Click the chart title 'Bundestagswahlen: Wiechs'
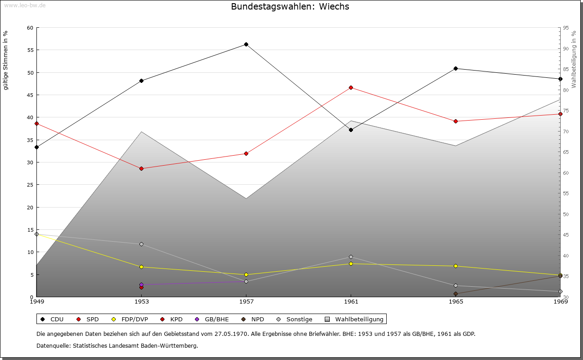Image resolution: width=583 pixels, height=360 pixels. (x=290, y=7)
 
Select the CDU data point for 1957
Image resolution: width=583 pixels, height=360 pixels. (x=246, y=45)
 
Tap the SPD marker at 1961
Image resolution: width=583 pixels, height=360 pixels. (x=351, y=87)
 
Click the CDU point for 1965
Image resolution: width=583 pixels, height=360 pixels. (x=455, y=69)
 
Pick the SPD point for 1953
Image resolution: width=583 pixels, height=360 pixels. (x=141, y=168)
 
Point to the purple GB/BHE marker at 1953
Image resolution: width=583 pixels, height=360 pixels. (x=141, y=285)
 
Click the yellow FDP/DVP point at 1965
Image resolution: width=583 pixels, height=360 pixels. (x=455, y=266)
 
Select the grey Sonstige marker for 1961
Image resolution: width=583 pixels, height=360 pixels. (x=351, y=257)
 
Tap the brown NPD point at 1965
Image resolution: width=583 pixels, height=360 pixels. (x=455, y=294)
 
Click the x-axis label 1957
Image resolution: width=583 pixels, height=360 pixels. (x=246, y=302)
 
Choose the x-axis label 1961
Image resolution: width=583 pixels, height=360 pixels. (x=351, y=302)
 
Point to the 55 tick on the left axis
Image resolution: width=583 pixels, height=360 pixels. (x=31, y=50)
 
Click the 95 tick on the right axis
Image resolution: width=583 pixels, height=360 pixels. (x=566, y=28)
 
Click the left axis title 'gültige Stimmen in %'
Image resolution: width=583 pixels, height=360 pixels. (x=6, y=60)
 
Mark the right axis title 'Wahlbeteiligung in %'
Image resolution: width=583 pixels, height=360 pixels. (x=574, y=60)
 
